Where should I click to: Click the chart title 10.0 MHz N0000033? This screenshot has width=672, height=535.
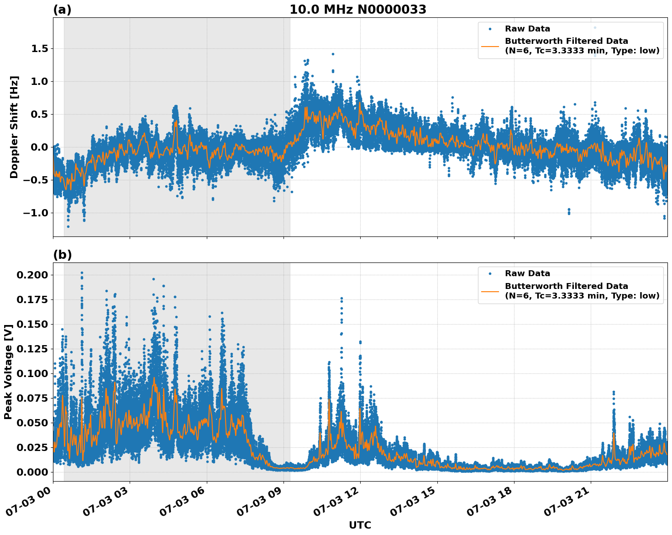coord(357,10)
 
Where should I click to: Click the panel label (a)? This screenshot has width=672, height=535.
coord(62,10)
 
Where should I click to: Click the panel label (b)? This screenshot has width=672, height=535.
coord(62,255)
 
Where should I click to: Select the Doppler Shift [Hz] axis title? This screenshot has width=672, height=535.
coord(14,127)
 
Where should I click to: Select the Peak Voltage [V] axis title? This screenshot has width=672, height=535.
coord(8,372)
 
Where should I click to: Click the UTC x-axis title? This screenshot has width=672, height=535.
coord(360,525)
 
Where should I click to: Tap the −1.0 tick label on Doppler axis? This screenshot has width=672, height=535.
coord(36,213)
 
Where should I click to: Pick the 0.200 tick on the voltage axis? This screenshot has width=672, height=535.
coord(32,275)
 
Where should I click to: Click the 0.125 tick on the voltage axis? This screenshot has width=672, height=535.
coord(32,349)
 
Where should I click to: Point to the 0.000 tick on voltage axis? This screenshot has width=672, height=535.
coord(32,472)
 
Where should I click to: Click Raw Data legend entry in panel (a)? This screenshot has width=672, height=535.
coord(527,29)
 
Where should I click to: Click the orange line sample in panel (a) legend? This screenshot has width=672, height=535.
coord(490,46)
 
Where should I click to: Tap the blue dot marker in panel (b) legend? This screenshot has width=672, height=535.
coord(490,273)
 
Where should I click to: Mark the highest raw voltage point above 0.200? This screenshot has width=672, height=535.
coord(82,273)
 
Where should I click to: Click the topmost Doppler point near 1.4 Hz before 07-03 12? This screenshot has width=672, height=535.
coord(333,54)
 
